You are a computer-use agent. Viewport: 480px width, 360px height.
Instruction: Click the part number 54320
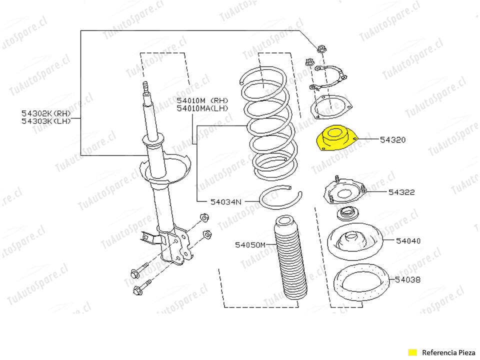(392, 140)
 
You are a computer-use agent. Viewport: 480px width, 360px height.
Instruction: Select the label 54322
(401, 192)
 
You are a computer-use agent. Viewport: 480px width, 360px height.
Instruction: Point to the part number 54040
(408, 241)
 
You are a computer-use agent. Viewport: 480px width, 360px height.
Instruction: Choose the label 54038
(407, 280)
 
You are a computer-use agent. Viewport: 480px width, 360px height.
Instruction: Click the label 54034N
(225, 202)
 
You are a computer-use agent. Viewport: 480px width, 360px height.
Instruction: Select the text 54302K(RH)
(46, 113)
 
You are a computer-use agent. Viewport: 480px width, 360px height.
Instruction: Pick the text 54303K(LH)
(46, 120)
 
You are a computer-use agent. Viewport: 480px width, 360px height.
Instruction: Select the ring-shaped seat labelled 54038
(361, 285)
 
